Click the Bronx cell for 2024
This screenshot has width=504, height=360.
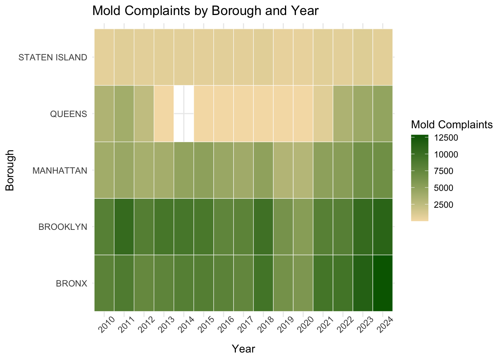pyautogui.click(x=382, y=283)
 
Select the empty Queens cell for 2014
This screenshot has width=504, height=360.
pyautogui.click(x=184, y=113)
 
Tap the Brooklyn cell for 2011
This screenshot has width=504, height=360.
pyautogui.click(x=124, y=226)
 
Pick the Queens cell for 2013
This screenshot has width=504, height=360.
pyautogui.click(x=164, y=113)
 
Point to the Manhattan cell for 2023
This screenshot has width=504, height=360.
pyautogui.click(x=363, y=170)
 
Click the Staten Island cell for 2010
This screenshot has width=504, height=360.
pyautogui.click(x=104, y=57)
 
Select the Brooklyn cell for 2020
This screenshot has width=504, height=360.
pyautogui.click(x=303, y=226)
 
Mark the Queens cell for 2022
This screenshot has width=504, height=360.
pyautogui.click(x=343, y=113)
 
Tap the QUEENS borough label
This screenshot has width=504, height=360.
pyautogui.click(x=68, y=114)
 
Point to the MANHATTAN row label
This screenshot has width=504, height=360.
pyautogui.click(x=60, y=171)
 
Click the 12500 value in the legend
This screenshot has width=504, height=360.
pyautogui.click(x=446, y=138)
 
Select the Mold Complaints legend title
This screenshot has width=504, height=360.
pyautogui.click(x=451, y=124)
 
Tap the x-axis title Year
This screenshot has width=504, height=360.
pyautogui.click(x=243, y=349)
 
